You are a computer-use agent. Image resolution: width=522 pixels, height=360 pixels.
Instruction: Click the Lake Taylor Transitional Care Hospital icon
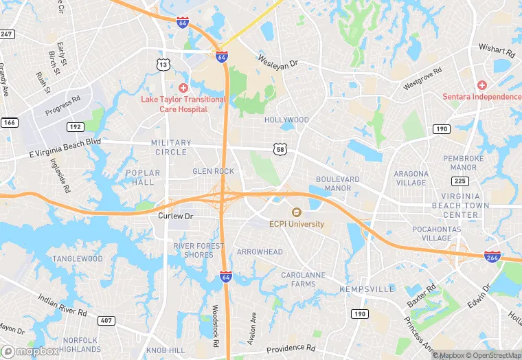(x=183, y=87)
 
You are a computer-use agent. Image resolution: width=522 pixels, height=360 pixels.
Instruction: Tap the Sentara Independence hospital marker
(x=482, y=85)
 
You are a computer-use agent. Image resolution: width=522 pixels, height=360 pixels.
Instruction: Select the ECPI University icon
(x=297, y=212)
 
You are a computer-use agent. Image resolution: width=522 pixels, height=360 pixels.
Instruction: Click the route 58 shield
(x=280, y=148)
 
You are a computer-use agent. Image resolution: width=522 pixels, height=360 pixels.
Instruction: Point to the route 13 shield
(x=163, y=65)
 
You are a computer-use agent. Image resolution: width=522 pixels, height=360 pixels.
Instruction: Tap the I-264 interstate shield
(x=492, y=256)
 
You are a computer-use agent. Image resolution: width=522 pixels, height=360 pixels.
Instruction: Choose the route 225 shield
(x=460, y=181)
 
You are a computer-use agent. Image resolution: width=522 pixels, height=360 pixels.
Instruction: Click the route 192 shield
(x=76, y=127)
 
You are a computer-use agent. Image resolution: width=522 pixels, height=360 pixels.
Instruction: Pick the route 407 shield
(x=106, y=320)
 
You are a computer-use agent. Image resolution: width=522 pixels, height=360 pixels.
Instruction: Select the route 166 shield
(x=8, y=123)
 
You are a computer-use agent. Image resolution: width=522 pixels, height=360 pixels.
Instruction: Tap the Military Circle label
(x=168, y=147)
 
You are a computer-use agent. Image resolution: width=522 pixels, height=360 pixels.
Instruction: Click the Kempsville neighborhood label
(x=367, y=289)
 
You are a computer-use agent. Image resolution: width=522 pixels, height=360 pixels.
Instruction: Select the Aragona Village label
(x=411, y=179)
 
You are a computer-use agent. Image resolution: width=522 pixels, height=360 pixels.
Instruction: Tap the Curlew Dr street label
(x=177, y=216)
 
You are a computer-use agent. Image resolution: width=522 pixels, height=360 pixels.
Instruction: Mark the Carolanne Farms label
(x=303, y=279)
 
